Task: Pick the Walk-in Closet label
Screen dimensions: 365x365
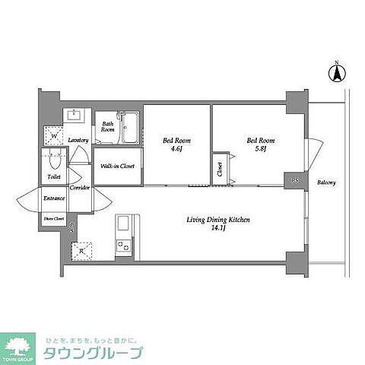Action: coord(118,166)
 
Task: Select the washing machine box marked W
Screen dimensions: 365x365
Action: coord(54,136)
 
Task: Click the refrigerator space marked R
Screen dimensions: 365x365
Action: coord(81,249)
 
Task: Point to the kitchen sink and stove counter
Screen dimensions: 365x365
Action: coord(123,236)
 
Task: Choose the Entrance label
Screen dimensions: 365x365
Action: coord(54,198)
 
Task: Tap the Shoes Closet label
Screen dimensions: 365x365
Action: coord(53,219)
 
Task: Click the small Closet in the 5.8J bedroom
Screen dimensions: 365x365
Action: coord(219,168)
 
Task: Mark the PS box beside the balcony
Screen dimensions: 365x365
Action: coord(294,181)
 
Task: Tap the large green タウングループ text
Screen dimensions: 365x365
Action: coord(98,354)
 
